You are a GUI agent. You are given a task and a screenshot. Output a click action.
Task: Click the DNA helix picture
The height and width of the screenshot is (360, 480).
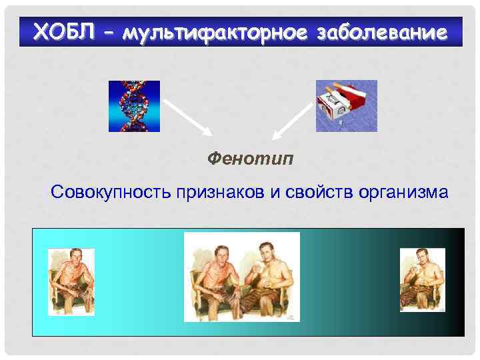coord(134,106)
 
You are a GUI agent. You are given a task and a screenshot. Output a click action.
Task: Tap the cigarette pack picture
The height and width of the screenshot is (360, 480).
coord(346,105)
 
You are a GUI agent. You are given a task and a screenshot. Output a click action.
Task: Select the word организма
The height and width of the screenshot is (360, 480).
coord(403,193)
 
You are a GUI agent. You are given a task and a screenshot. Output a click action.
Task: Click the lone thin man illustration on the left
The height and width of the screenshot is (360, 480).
coord(71,279)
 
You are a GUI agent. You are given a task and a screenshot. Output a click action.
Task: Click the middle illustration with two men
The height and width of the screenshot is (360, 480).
coord(241,277)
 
